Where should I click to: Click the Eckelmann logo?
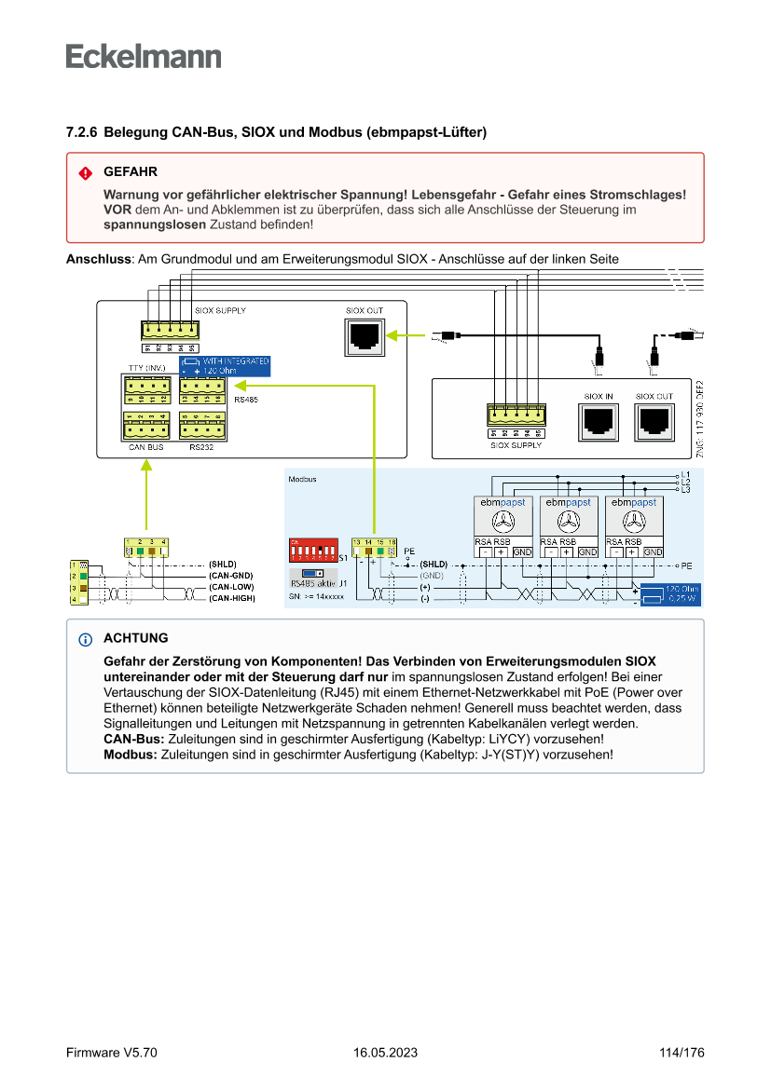tap(144, 56)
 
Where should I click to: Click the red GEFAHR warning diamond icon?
tap(86, 173)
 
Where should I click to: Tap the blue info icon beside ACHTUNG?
tap(86, 639)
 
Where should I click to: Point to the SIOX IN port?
tap(598, 422)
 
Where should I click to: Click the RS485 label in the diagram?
tap(246, 400)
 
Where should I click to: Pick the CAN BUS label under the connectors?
tap(145, 447)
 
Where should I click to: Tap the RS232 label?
tap(201, 447)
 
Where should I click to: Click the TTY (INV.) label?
tap(146, 368)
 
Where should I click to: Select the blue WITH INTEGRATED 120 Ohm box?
tap(225, 365)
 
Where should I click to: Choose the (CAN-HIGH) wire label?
tap(231, 598)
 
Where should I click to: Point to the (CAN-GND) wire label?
tap(231, 576)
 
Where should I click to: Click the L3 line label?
tap(685, 489)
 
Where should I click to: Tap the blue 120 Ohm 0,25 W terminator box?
tap(669, 593)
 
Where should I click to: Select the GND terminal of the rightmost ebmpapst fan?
tap(653, 552)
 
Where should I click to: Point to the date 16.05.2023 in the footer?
tap(385, 1053)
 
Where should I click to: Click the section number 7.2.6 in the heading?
tap(82, 133)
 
